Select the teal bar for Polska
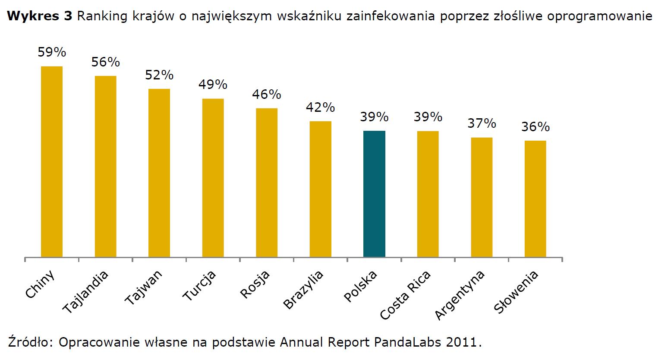click(374, 194)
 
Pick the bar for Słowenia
click(535, 199)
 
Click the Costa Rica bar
click(428, 194)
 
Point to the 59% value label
click(52, 52)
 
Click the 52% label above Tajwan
click(159, 75)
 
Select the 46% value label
click(266, 94)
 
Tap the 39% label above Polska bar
click(374, 117)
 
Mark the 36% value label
click(535, 127)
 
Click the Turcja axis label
click(199, 285)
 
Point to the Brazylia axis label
click(303, 290)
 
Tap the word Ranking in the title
click(102, 16)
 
